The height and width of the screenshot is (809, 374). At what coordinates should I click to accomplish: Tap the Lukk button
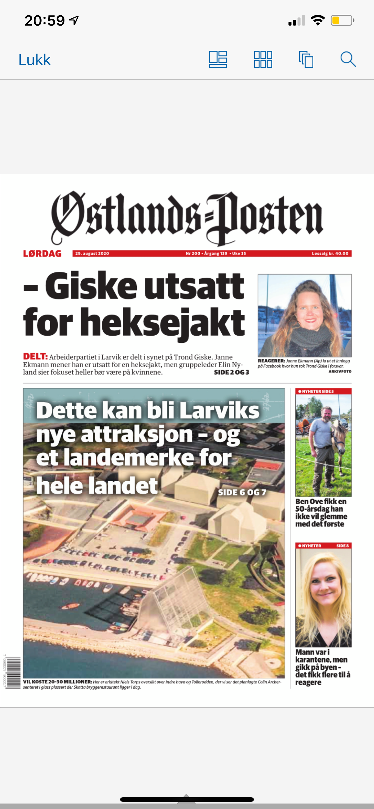(x=35, y=60)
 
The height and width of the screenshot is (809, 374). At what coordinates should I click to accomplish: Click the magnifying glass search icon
(x=348, y=59)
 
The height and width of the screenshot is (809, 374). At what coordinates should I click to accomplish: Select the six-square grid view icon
(x=263, y=59)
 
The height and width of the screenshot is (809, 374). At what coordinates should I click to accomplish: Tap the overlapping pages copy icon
(x=306, y=59)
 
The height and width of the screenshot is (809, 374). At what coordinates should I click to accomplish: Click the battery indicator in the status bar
(x=342, y=21)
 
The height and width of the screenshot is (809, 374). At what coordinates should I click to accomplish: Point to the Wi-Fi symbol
(x=317, y=21)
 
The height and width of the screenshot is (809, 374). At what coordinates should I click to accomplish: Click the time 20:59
(x=45, y=21)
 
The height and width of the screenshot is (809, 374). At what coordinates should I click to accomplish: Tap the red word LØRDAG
(x=42, y=253)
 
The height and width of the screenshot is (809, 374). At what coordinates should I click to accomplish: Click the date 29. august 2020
(x=92, y=253)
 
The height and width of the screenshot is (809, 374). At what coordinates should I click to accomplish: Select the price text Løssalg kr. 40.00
(x=330, y=253)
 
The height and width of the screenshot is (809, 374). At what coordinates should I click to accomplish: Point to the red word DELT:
(x=35, y=356)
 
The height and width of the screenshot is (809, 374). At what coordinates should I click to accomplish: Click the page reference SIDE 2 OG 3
(x=232, y=373)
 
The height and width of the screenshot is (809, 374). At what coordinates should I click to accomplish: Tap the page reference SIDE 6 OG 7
(x=242, y=492)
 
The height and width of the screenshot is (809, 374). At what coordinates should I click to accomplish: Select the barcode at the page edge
(x=13, y=672)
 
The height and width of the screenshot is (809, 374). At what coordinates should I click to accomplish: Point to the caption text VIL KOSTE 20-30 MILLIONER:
(x=58, y=682)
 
